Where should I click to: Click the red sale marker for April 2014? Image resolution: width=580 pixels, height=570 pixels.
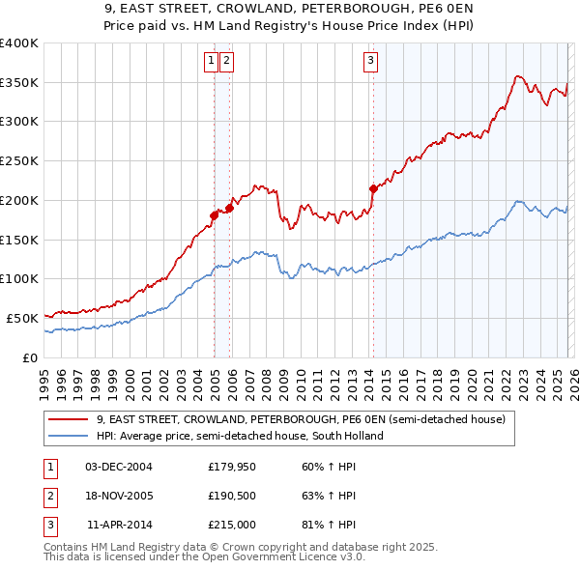pyautogui.click(x=373, y=188)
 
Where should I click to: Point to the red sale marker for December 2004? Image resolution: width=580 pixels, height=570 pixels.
pyautogui.click(x=214, y=215)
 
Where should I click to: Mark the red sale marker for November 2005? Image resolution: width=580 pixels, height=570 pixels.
pyautogui.click(x=230, y=207)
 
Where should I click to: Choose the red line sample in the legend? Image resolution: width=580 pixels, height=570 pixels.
pyautogui.click(x=69, y=420)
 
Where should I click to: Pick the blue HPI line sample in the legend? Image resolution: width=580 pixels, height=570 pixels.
pyautogui.click(x=69, y=436)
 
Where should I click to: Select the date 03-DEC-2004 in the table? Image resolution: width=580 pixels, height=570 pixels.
pyautogui.click(x=119, y=467)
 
